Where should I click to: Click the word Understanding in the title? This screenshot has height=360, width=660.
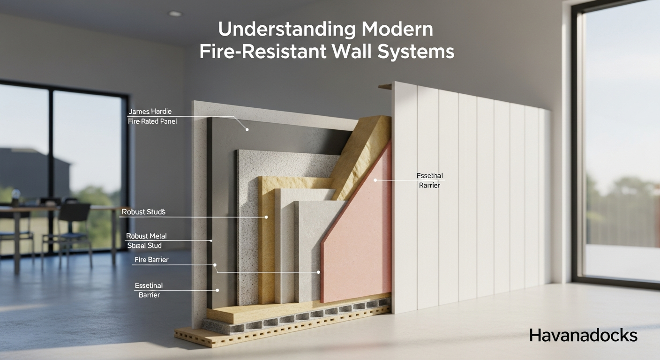coord(277,30)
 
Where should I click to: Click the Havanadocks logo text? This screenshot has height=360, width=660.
coord(583,335)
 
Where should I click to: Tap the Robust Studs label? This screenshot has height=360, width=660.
coord(143,212)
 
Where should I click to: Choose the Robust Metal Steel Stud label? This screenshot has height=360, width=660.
coord(146,240)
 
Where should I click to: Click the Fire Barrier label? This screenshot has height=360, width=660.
coord(151,260)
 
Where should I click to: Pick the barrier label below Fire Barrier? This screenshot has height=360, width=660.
coord(149,290)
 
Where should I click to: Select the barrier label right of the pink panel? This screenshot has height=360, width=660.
coord(430,180)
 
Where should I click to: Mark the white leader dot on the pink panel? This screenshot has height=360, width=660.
coord(375,180)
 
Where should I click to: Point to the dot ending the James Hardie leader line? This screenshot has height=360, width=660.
coord(247,130)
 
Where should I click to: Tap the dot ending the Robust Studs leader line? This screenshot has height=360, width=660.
coord(266,217)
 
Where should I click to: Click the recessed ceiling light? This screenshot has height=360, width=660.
coord(175,14)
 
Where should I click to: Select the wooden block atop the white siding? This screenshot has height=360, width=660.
coord(385,86)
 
